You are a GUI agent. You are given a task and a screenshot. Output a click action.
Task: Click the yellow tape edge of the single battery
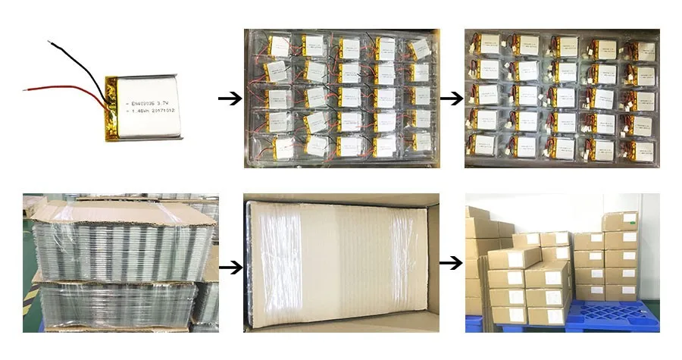click(x=110, y=106)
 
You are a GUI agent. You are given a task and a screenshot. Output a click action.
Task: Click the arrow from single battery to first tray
click(x=228, y=99)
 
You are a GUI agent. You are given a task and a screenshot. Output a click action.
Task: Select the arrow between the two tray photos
click(x=451, y=99)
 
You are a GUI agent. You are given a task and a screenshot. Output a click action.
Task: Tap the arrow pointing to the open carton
click(x=230, y=267)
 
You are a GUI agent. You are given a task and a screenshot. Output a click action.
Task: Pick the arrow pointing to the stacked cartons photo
click(x=451, y=263)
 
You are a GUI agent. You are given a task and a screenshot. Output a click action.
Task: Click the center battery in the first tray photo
click(x=349, y=97)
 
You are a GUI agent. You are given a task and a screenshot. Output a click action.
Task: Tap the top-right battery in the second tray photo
click(x=642, y=51)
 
